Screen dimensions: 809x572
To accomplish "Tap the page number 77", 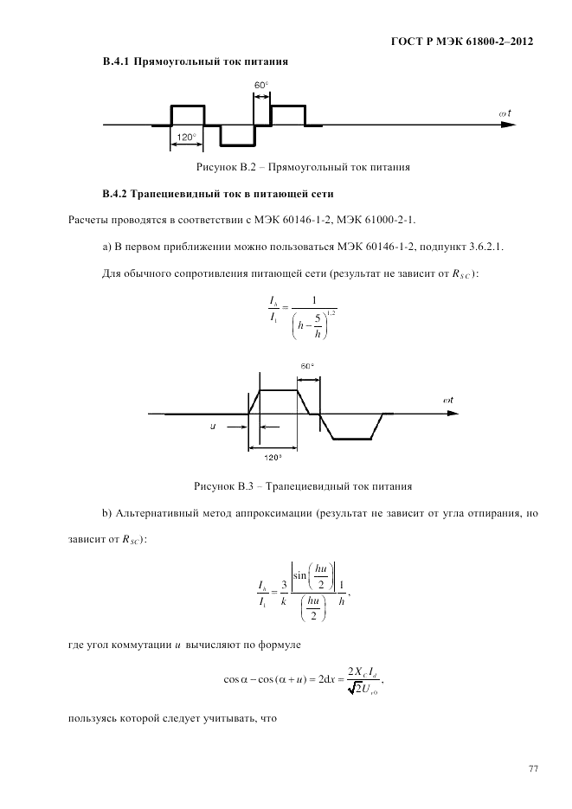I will click(530, 767).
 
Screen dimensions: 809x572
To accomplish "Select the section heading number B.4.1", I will click(116, 62).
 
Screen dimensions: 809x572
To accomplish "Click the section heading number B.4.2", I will click(116, 192).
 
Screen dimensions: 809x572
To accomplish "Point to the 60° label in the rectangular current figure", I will click(261, 85).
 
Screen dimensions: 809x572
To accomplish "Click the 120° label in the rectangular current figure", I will click(187, 138).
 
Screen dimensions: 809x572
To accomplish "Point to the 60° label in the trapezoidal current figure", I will click(307, 366).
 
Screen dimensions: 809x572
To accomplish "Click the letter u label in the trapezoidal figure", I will click(212, 427).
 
